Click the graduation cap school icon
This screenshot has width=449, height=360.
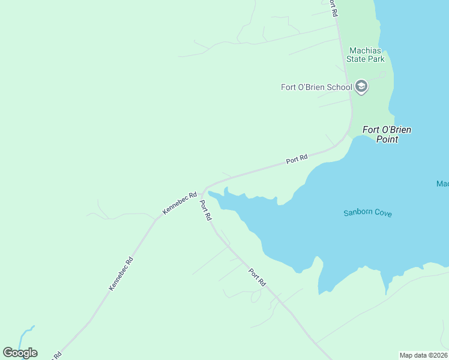361,87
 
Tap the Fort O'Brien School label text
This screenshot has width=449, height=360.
316,87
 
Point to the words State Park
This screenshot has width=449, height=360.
367,59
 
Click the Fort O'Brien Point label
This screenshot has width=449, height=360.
387,134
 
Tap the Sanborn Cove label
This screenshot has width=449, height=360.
367,212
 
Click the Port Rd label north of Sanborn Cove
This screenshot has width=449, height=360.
297,159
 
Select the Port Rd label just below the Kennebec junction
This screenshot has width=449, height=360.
205,210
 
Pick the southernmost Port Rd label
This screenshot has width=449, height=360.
257,276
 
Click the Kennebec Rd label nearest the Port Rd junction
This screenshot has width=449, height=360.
179,203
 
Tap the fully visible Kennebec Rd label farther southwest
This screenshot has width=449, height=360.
121,274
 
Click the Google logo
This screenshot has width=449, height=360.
20,353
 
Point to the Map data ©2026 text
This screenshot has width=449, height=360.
423,355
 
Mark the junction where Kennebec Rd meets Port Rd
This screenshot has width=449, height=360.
203,189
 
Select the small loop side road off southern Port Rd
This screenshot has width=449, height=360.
256,296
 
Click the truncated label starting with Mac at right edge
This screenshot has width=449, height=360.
442,184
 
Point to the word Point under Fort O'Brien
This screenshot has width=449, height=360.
387,139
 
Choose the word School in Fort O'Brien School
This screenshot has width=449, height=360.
339,87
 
